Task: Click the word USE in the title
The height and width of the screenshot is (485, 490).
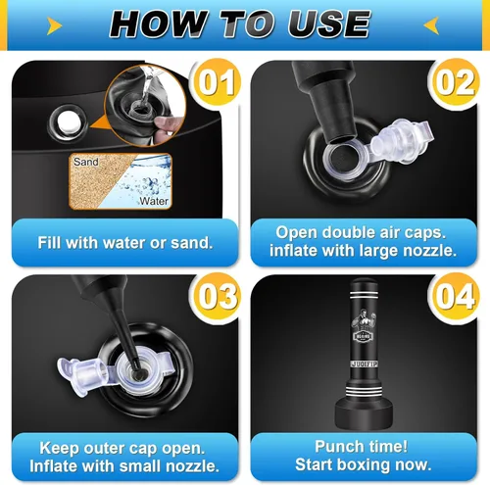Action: [x=329, y=24]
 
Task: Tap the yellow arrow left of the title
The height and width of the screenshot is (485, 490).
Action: [x=54, y=25]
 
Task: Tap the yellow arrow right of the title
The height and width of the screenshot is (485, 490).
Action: [x=431, y=25]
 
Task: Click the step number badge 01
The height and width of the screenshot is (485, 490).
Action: [x=217, y=82]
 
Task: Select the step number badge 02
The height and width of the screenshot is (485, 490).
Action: [x=456, y=82]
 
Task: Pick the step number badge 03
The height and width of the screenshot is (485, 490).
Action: [x=217, y=296]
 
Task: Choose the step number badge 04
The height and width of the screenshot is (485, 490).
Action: [x=456, y=296]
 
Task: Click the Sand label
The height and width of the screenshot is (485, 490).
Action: [x=86, y=162]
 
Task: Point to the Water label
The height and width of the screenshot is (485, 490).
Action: [x=154, y=201]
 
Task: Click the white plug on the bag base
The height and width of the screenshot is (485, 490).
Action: [x=69, y=121]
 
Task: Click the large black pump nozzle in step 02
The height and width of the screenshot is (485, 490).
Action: [x=326, y=98]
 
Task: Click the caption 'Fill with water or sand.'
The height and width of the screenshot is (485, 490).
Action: [x=125, y=243]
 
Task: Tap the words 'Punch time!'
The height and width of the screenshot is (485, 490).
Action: [x=361, y=446]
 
